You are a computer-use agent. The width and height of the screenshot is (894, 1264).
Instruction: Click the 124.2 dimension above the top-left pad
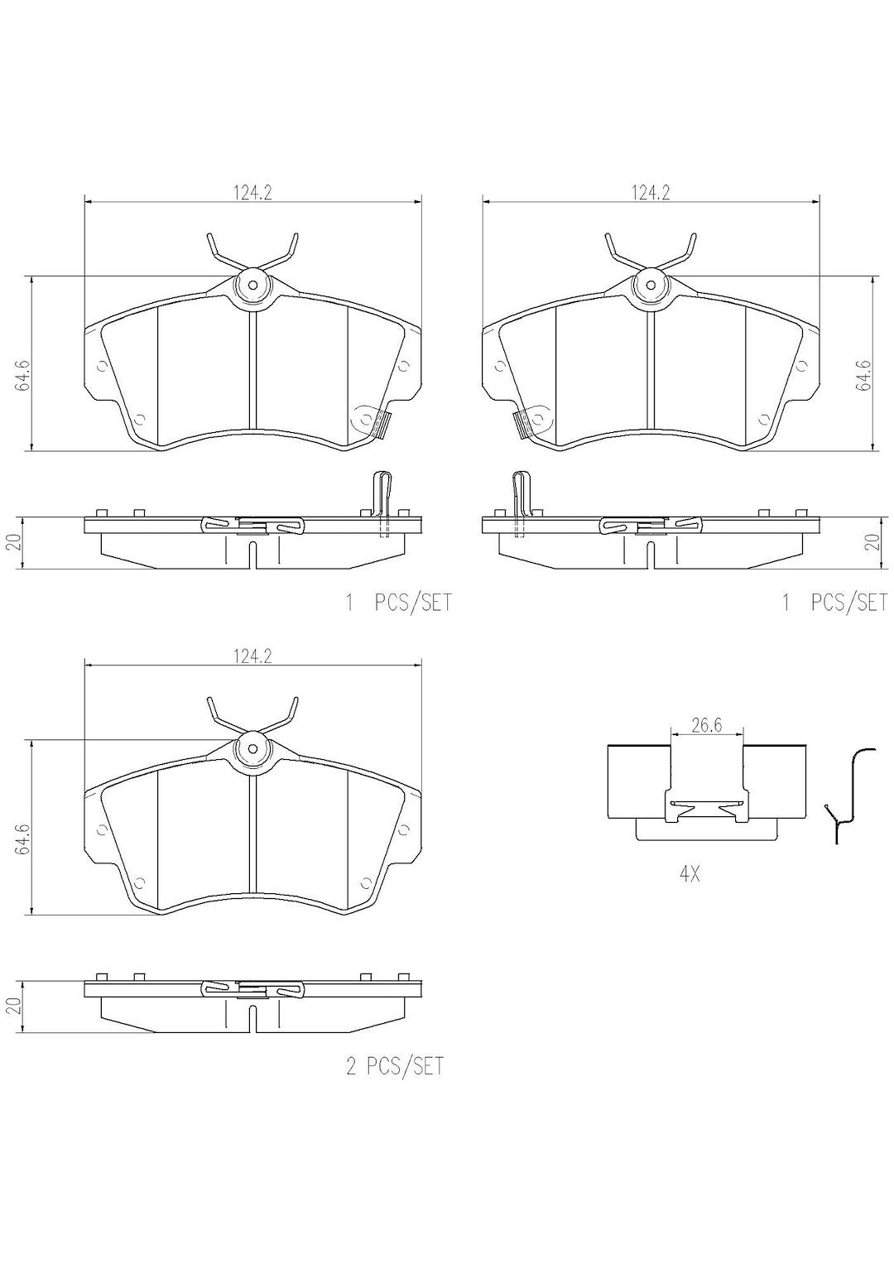tap(252, 193)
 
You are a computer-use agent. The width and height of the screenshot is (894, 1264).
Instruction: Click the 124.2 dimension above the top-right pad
tap(650, 193)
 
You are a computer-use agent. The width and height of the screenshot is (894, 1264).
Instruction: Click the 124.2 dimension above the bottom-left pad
tap(252, 656)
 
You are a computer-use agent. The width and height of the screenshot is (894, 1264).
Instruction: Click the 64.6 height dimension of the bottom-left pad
tap(22, 839)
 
